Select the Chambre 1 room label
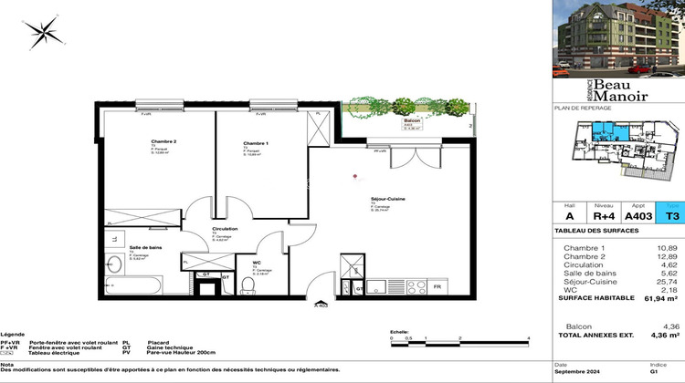(256, 144)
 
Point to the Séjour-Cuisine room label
(389, 199)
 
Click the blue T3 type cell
(672, 217)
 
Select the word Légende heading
(12, 336)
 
